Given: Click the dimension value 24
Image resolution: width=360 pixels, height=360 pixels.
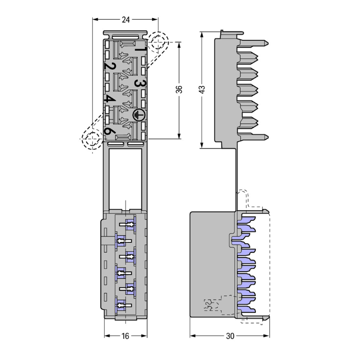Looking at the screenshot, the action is click(x=126, y=20).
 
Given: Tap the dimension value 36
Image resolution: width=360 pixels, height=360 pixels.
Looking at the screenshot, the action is click(x=179, y=89).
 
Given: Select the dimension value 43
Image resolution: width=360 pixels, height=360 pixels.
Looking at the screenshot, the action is click(x=202, y=89).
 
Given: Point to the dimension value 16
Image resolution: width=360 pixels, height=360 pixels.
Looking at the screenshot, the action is click(x=125, y=336).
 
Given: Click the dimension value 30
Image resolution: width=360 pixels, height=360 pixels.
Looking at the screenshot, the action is click(x=230, y=336).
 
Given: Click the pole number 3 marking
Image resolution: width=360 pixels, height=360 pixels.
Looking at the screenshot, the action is click(x=140, y=84).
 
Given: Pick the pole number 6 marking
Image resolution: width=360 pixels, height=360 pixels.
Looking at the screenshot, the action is click(x=109, y=132).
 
